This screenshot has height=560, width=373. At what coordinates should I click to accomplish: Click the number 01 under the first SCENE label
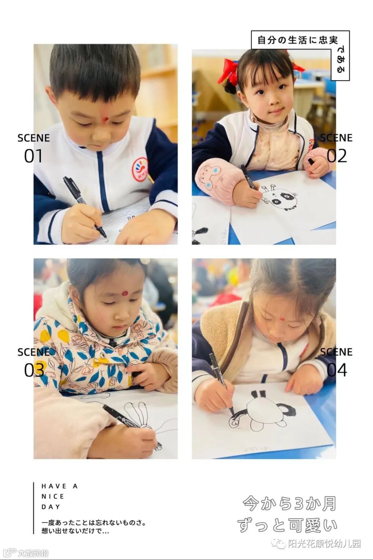point(33,156)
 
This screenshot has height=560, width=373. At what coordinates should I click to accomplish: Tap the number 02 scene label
point(337,156)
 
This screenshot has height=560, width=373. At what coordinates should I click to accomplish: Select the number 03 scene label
point(34,370)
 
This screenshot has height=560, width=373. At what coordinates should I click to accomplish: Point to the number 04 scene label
point(337,370)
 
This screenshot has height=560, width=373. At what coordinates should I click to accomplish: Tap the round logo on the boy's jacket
point(140,167)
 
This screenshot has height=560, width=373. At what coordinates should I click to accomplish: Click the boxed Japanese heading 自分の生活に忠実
point(297,40)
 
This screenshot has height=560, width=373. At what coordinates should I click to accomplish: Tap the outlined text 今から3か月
point(289,503)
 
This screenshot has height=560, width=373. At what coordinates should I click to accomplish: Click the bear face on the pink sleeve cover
point(209,177)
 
